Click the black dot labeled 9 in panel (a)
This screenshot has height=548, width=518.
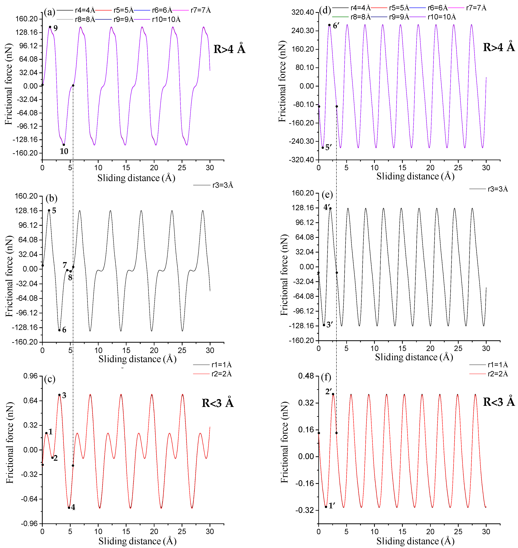coord(50,27)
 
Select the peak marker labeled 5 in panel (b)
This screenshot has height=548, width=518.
coord(49,210)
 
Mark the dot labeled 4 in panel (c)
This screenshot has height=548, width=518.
coord(69,507)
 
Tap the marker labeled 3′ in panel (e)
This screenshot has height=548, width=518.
coord(324,325)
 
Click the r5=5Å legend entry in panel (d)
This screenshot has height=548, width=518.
coord(399,8)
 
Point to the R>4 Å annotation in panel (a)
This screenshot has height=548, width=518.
coord(229,49)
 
